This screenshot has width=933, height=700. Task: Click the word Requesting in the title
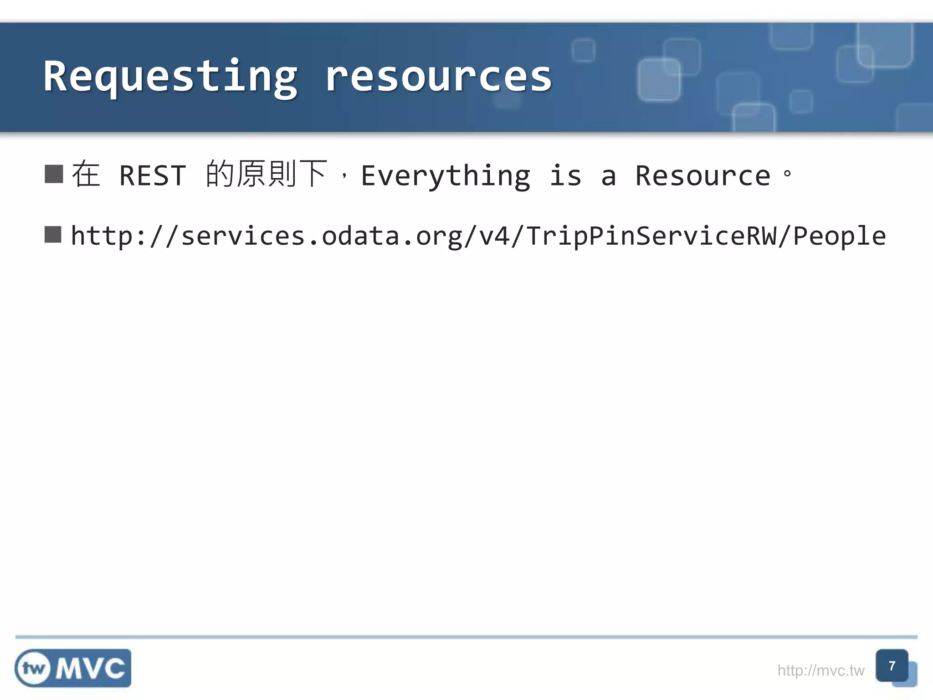[x=171, y=77]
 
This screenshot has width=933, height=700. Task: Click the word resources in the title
[x=438, y=77]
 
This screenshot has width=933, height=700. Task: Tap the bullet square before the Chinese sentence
[x=54, y=174]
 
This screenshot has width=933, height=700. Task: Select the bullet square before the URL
[x=53, y=235]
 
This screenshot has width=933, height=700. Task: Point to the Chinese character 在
[x=86, y=175]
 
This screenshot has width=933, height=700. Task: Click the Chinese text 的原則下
[x=267, y=174]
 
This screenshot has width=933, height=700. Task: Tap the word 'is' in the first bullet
[x=565, y=176]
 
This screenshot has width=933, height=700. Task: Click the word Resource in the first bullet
[x=702, y=176]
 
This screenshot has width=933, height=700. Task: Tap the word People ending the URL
[x=839, y=237]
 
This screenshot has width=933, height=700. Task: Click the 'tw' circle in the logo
[x=33, y=668]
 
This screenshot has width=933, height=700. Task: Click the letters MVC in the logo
[x=90, y=669]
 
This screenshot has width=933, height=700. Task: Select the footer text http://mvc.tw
[x=820, y=670]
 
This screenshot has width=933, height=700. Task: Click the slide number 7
[x=892, y=666]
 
